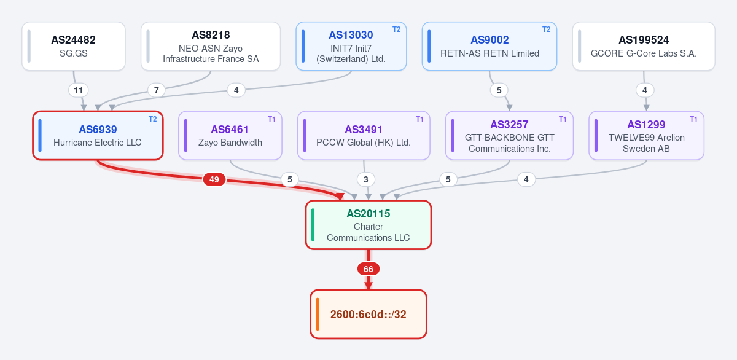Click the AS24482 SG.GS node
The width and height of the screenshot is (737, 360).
(74, 46)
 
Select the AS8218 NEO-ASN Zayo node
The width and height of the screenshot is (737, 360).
(211, 46)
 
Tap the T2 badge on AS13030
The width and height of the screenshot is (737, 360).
(397, 29)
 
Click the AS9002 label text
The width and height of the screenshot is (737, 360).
(489, 40)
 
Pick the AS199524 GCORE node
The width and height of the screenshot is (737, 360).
(644, 46)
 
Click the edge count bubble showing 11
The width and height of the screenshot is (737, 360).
(79, 90)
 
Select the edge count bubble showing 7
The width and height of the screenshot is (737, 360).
(156, 90)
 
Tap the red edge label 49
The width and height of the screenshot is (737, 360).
(214, 179)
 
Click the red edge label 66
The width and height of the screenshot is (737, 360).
(368, 269)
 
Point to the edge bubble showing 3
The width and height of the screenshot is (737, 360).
(366, 179)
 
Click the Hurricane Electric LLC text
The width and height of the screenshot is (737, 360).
(98, 143)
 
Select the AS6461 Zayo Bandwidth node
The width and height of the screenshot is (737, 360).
(230, 136)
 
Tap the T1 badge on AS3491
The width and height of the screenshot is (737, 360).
(419, 119)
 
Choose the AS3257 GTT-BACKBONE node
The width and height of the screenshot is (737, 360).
(509, 136)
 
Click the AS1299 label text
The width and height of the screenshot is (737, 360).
(646, 125)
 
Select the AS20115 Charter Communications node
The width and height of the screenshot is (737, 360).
(368, 225)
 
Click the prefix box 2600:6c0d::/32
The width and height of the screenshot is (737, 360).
(368, 314)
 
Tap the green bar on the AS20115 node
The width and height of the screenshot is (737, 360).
(313, 225)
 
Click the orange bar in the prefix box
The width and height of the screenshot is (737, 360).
(318, 314)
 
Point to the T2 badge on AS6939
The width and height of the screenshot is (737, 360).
(153, 119)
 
